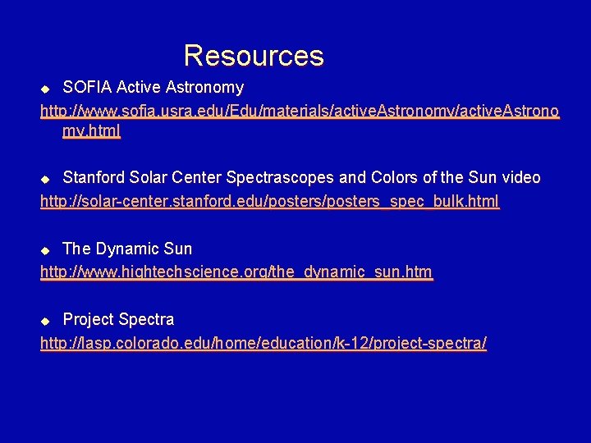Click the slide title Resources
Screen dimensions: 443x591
(x=254, y=56)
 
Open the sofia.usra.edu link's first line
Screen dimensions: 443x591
(x=300, y=110)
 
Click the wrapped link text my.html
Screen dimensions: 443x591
(x=91, y=131)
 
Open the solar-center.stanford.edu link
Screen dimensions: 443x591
(x=269, y=201)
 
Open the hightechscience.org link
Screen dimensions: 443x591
(x=236, y=272)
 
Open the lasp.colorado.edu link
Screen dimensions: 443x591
(x=263, y=343)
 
